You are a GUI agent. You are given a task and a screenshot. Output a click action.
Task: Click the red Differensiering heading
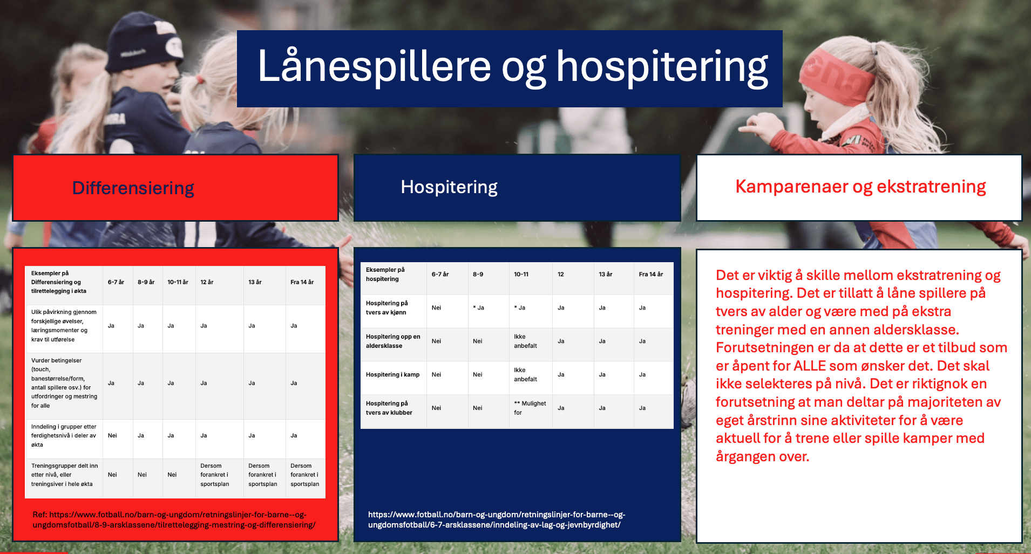[x=133, y=188]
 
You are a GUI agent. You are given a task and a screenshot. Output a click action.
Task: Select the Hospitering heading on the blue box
[x=449, y=187]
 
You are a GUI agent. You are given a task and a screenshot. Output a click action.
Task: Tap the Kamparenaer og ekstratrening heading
[x=860, y=187]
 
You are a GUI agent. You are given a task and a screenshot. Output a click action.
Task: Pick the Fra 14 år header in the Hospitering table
[x=651, y=274]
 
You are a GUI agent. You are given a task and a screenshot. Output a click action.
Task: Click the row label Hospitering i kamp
[x=392, y=374]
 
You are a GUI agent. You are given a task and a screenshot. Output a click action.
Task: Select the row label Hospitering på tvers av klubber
[x=389, y=408]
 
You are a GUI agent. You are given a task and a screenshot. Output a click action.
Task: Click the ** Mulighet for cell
[x=530, y=408]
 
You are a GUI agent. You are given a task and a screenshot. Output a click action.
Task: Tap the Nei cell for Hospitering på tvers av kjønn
[x=436, y=307]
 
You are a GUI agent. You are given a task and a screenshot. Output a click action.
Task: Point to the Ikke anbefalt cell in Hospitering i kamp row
[x=525, y=374]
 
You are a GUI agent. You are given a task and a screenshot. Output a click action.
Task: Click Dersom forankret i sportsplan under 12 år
[x=215, y=475]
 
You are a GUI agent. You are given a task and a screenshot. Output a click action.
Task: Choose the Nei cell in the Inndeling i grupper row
[x=112, y=435]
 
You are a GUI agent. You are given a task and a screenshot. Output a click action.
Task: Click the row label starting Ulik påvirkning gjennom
[x=64, y=326]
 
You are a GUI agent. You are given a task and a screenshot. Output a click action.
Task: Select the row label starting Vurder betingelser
[x=64, y=383]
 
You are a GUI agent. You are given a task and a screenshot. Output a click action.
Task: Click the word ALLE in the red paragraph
[x=810, y=366]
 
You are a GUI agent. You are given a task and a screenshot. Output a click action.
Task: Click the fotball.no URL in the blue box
[x=497, y=519]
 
